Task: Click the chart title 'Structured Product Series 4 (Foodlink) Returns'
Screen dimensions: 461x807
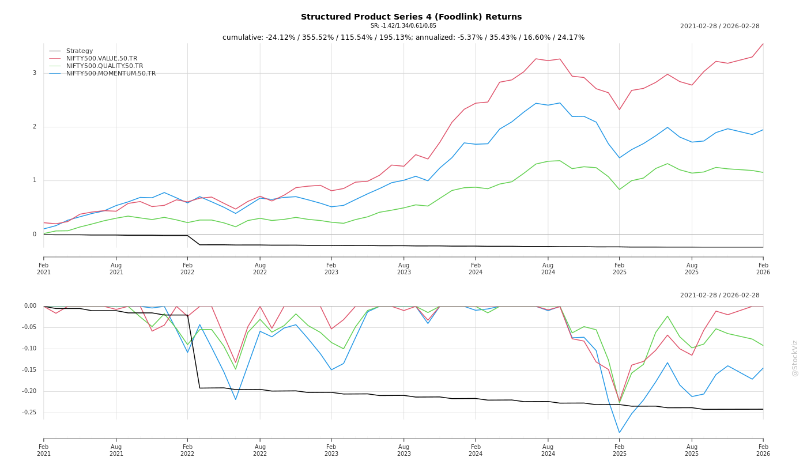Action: [x=411, y=17]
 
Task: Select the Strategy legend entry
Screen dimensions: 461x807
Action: [x=80, y=51]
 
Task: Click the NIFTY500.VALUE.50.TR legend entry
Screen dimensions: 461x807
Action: [x=101, y=59]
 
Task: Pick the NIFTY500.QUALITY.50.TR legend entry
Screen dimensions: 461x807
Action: [x=104, y=66]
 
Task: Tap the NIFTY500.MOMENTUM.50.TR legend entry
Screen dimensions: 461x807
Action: [x=111, y=74]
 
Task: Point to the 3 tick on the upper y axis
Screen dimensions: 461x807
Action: [x=35, y=73]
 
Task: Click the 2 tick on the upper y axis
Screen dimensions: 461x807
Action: [x=35, y=127]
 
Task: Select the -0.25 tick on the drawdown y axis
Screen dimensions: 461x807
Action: [x=29, y=413]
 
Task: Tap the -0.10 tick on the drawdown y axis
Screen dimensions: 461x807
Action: [x=29, y=349]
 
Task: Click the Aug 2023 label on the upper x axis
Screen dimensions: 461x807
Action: [x=403, y=269]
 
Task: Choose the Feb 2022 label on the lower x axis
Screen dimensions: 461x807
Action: [x=187, y=450]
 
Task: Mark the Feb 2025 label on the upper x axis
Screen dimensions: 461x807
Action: [x=620, y=269]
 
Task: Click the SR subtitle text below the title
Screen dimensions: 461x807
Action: [x=403, y=26]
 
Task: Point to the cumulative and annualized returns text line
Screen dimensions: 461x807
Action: [x=403, y=37]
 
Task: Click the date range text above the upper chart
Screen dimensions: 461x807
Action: [x=719, y=27]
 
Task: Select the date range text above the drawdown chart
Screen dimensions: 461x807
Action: [x=719, y=296]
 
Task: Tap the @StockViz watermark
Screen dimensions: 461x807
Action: [x=795, y=358]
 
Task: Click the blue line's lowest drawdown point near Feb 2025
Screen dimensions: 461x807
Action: [x=620, y=433]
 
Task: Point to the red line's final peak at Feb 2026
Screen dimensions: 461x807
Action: [x=763, y=44]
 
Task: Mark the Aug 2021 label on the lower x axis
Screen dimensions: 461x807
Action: [x=116, y=450]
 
